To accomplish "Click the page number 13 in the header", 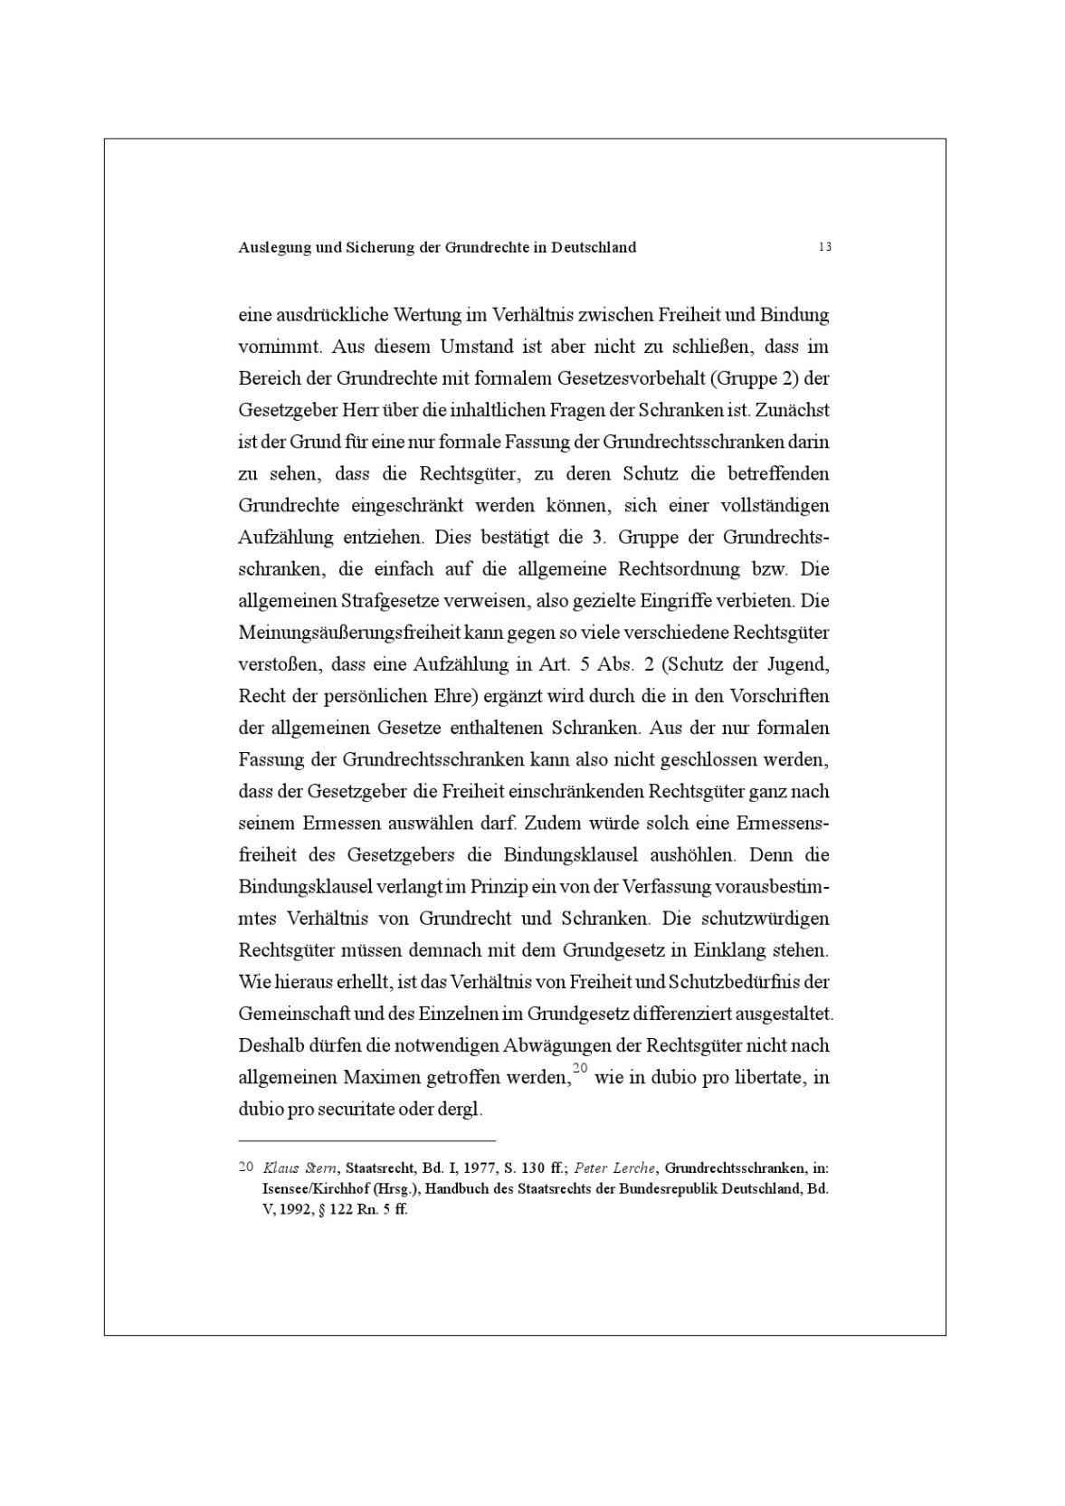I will [x=824, y=247].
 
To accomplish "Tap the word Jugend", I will [x=798, y=664].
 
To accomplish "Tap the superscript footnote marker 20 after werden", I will [x=581, y=1069].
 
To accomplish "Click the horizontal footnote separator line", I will [x=367, y=1141].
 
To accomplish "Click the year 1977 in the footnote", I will [x=480, y=1168].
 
